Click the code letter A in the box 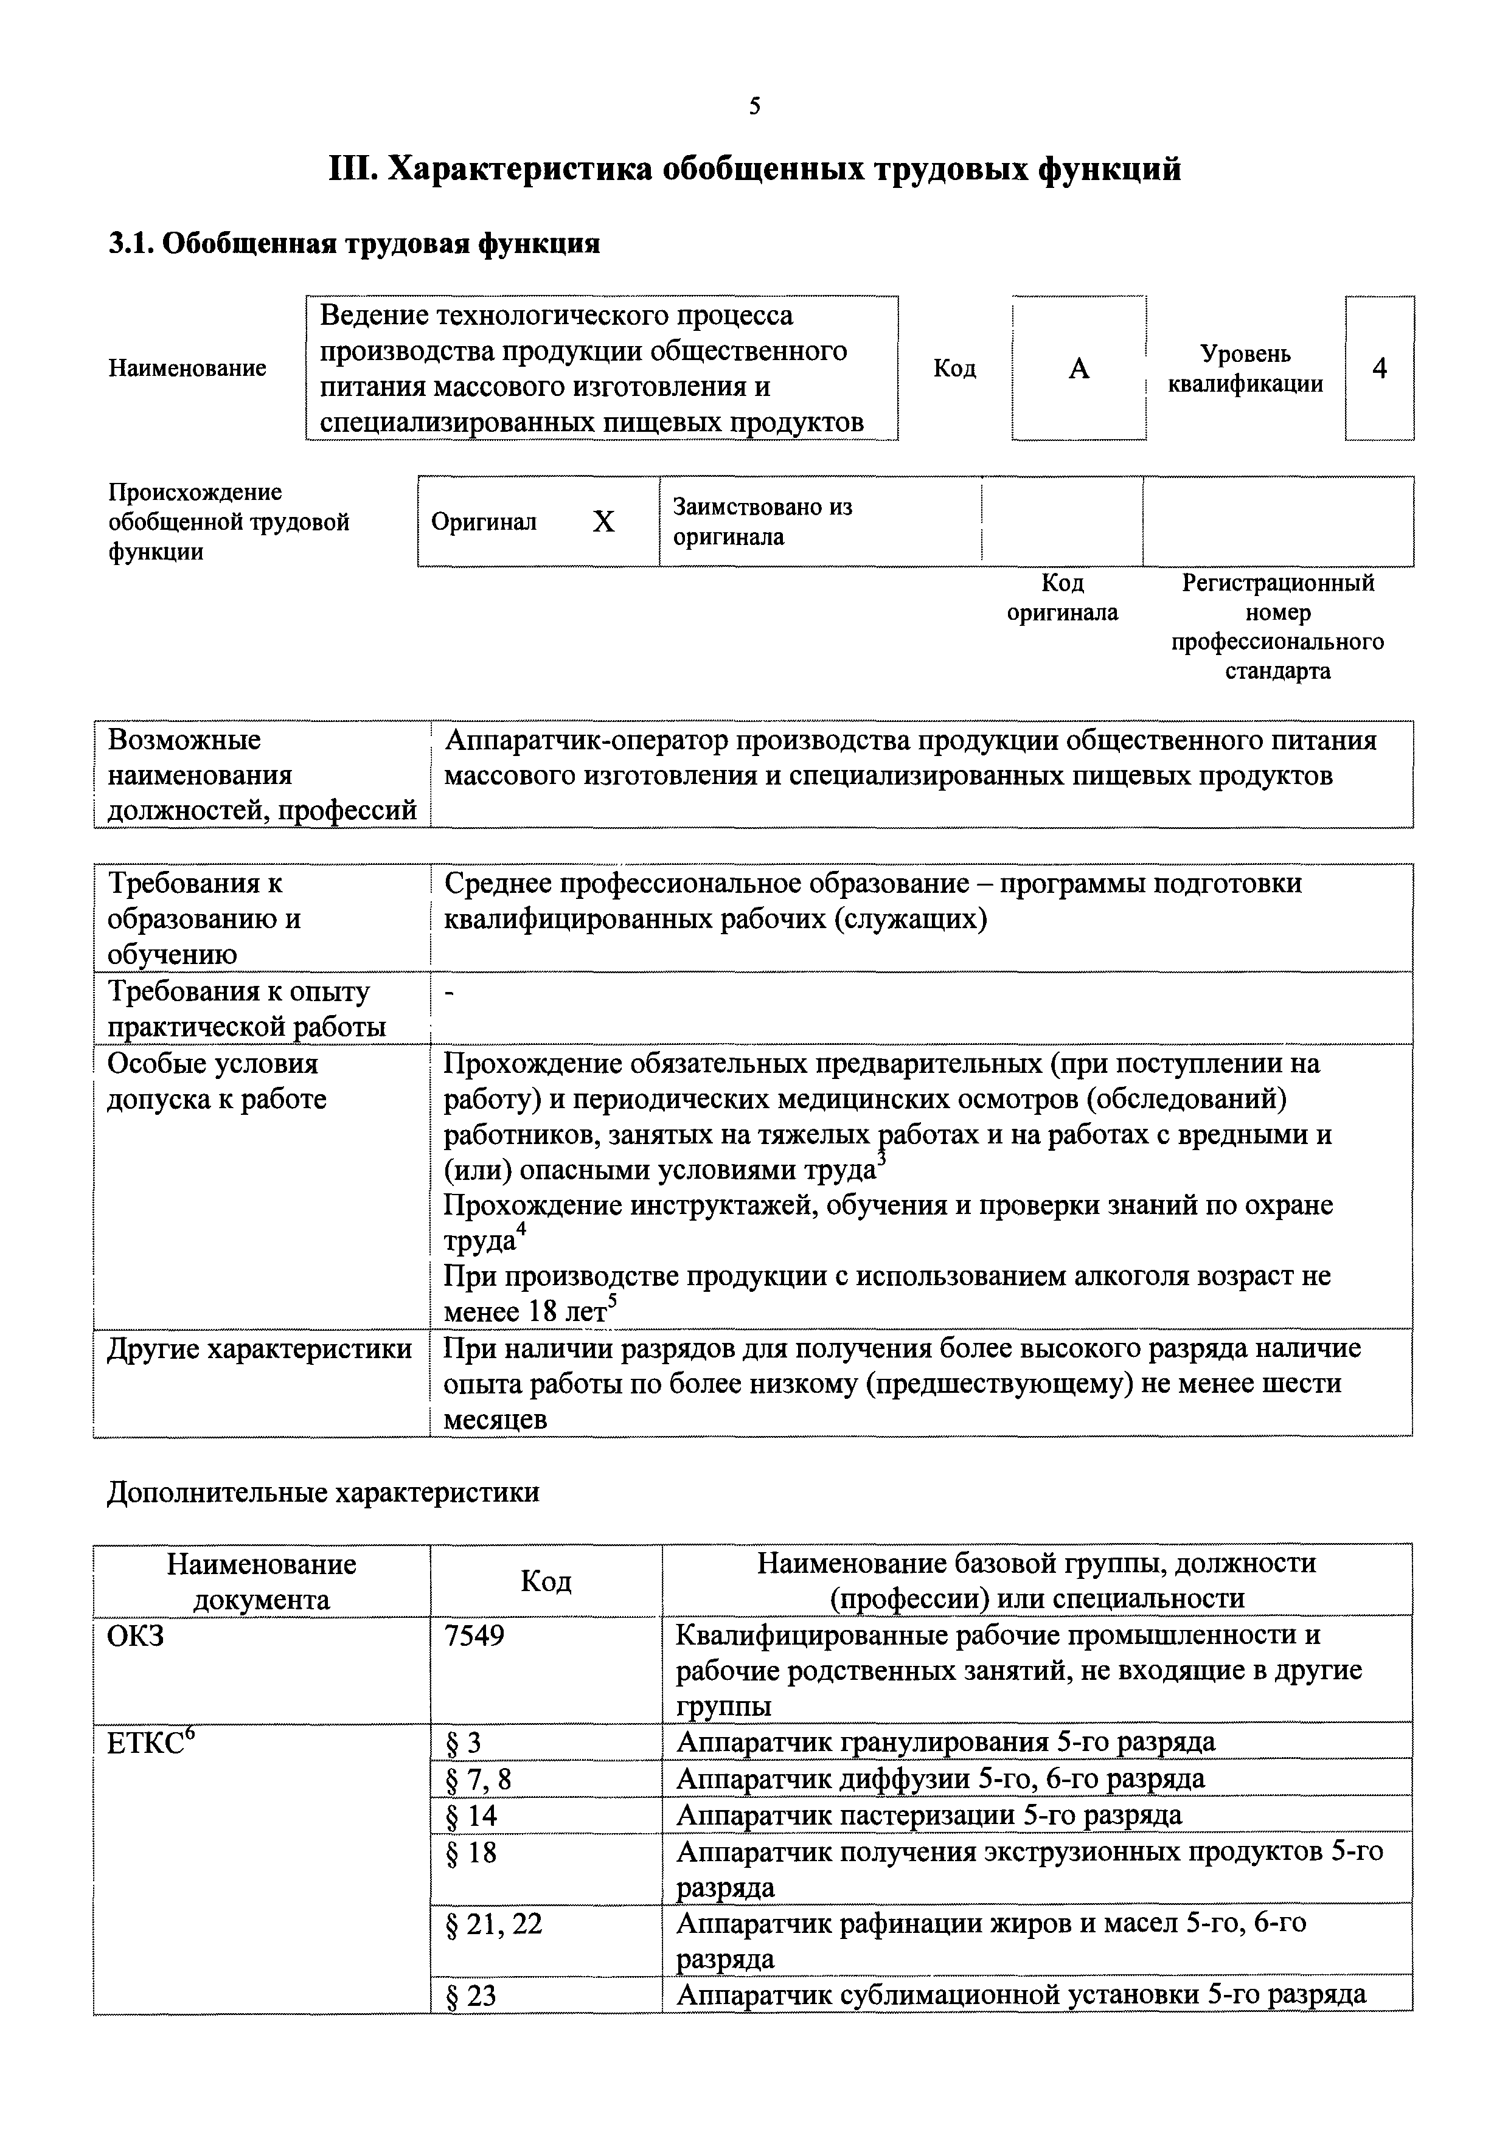coord(1078,369)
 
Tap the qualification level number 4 coord(1379,369)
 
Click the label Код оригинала coord(1062,597)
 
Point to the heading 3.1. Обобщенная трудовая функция coord(354,243)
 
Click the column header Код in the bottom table coord(546,1580)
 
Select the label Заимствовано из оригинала coord(762,521)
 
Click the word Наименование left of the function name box coord(187,368)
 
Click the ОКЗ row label coord(136,1635)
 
